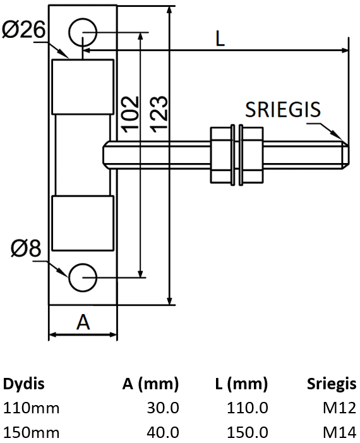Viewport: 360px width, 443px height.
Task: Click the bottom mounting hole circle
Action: pos(82,277)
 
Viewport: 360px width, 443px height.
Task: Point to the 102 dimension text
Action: pos(129,114)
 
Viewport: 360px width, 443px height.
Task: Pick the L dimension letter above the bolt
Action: pos(219,39)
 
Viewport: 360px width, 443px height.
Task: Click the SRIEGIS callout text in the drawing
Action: pos(282,109)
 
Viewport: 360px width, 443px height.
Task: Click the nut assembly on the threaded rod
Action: pos(236,155)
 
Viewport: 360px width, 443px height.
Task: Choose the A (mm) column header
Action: pos(150,384)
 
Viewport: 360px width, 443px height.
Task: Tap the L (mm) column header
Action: pos(240,384)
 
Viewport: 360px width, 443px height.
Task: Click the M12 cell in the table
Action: pos(340,408)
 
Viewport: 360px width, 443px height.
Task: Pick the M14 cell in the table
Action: pos(340,432)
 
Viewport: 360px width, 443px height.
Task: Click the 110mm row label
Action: pos(32,408)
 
